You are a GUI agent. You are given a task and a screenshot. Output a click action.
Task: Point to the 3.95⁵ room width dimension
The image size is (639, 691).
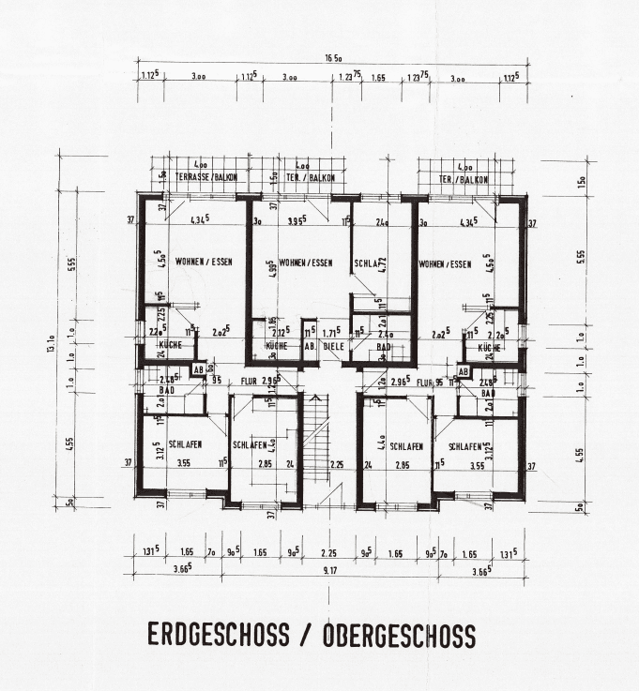point(297,222)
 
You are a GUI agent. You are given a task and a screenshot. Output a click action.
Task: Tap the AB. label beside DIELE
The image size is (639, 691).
point(307,346)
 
